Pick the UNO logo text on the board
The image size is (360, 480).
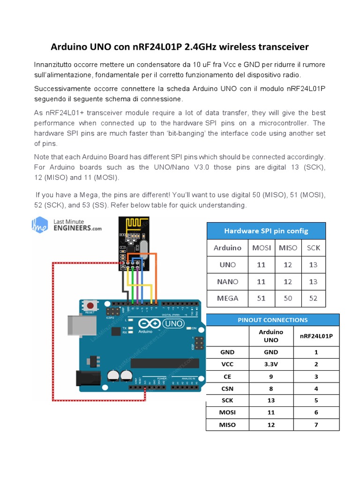(173, 323)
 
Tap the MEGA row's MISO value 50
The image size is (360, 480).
(288, 298)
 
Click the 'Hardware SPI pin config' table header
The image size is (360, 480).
(266, 231)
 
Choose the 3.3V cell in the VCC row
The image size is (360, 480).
(271, 364)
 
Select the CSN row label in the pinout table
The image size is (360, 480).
(227, 389)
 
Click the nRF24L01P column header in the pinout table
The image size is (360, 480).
(316, 336)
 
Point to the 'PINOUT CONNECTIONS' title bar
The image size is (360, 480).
(272, 320)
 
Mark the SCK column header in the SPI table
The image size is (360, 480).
(313, 248)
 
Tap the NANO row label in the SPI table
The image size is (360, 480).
(227, 282)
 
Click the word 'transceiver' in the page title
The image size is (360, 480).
(281, 47)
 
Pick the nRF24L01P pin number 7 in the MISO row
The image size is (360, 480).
(316, 425)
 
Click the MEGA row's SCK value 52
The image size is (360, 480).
(313, 298)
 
